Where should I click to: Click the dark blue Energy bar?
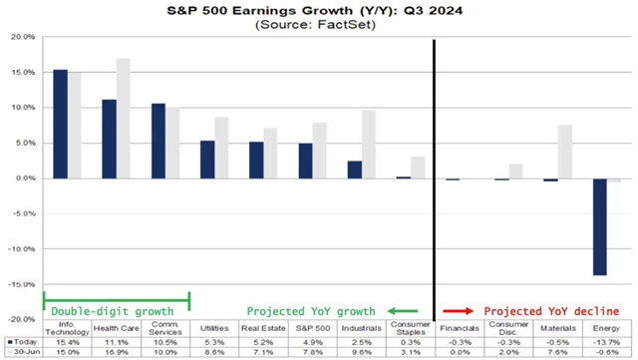(600, 226)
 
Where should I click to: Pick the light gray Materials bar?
(564, 152)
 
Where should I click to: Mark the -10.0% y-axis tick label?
(22, 249)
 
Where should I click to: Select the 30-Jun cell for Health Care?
(116, 352)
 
